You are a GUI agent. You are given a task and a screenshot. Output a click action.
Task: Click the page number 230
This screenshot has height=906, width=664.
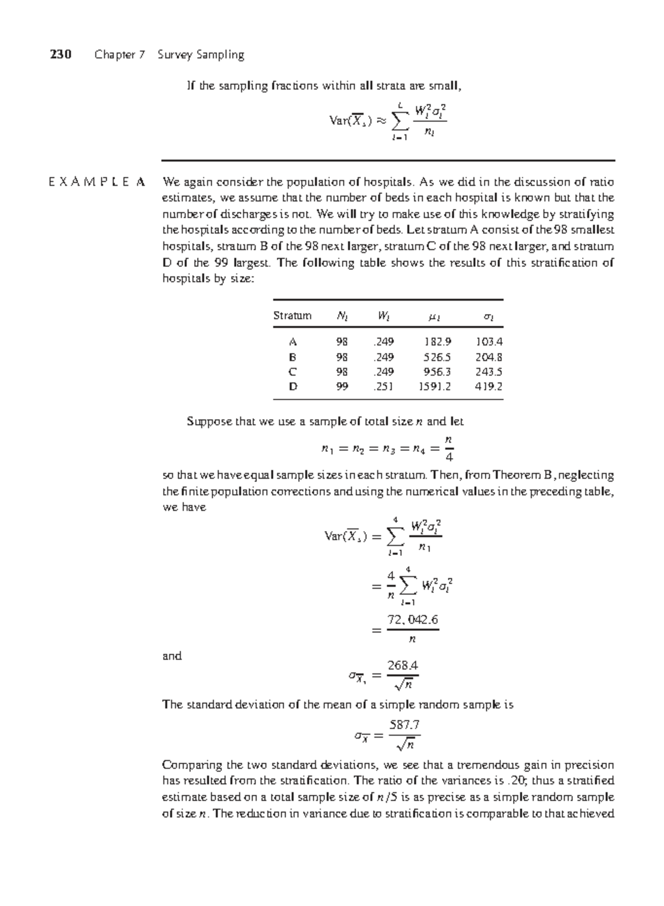click(x=61, y=55)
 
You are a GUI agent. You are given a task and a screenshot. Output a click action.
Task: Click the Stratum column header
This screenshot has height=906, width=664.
click(x=292, y=316)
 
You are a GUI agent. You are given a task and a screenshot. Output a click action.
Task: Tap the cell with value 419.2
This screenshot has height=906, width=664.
click(x=489, y=387)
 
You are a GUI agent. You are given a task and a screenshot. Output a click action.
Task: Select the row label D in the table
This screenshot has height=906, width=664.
click(x=293, y=387)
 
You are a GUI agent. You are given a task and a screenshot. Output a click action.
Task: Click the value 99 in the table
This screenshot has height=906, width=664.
click(x=342, y=387)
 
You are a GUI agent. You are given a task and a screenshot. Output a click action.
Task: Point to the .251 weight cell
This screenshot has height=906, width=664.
click(x=383, y=387)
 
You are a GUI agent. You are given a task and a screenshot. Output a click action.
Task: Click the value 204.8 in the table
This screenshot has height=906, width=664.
click(x=489, y=357)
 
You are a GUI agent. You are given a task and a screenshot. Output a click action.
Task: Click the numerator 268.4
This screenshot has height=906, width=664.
click(x=403, y=665)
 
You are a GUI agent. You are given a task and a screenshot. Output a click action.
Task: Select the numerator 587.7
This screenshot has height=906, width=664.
click(x=404, y=725)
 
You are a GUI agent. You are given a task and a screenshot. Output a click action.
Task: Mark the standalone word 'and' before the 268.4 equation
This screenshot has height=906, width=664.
click(x=172, y=656)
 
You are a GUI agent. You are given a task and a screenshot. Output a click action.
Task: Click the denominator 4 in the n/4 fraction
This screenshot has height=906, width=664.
click(x=449, y=457)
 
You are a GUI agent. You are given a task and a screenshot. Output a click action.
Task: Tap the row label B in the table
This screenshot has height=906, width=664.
click(x=293, y=357)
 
